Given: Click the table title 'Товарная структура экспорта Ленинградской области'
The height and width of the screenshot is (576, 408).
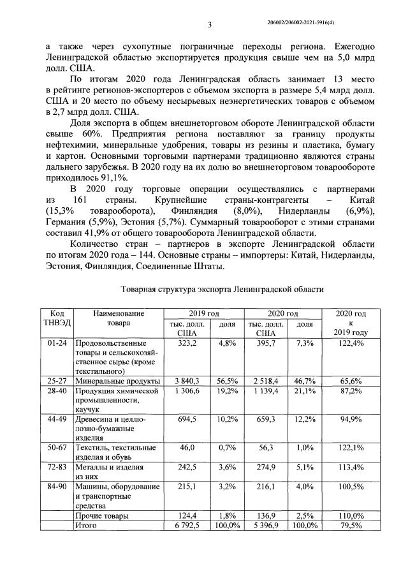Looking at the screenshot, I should click(x=222, y=289).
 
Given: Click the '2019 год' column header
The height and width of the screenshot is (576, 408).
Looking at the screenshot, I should click(x=203, y=313).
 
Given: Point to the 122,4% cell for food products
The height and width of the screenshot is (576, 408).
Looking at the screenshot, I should click(x=348, y=343).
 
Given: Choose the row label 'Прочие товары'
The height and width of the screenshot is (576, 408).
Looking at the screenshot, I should click(x=101, y=514).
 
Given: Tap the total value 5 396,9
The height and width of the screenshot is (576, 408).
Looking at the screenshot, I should click(x=265, y=524).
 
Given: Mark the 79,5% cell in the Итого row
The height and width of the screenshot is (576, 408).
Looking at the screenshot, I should click(x=348, y=524).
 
